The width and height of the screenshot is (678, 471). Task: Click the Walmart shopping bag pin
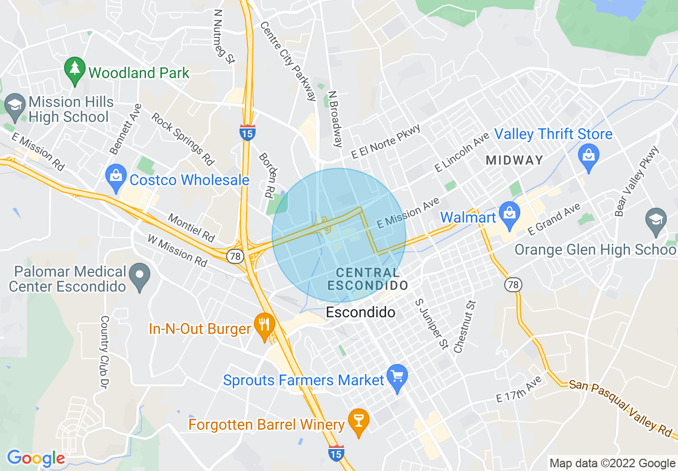[x=510, y=214]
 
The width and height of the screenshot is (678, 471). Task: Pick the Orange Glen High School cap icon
[x=656, y=222]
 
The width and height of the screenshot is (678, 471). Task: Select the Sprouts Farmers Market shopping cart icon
[x=397, y=378]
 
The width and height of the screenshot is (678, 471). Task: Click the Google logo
[x=36, y=458]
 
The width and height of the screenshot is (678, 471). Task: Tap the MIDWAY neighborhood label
[x=514, y=160]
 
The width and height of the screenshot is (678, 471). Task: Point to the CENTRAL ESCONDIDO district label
[x=367, y=279]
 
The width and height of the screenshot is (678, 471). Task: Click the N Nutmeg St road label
[x=224, y=35]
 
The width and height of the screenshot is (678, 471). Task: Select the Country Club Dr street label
[x=104, y=352]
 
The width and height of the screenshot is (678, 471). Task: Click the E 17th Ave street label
[x=519, y=390]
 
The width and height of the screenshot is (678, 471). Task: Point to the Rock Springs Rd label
[x=183, y=139]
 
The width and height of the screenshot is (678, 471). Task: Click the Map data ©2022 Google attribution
[x=613, y=464]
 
